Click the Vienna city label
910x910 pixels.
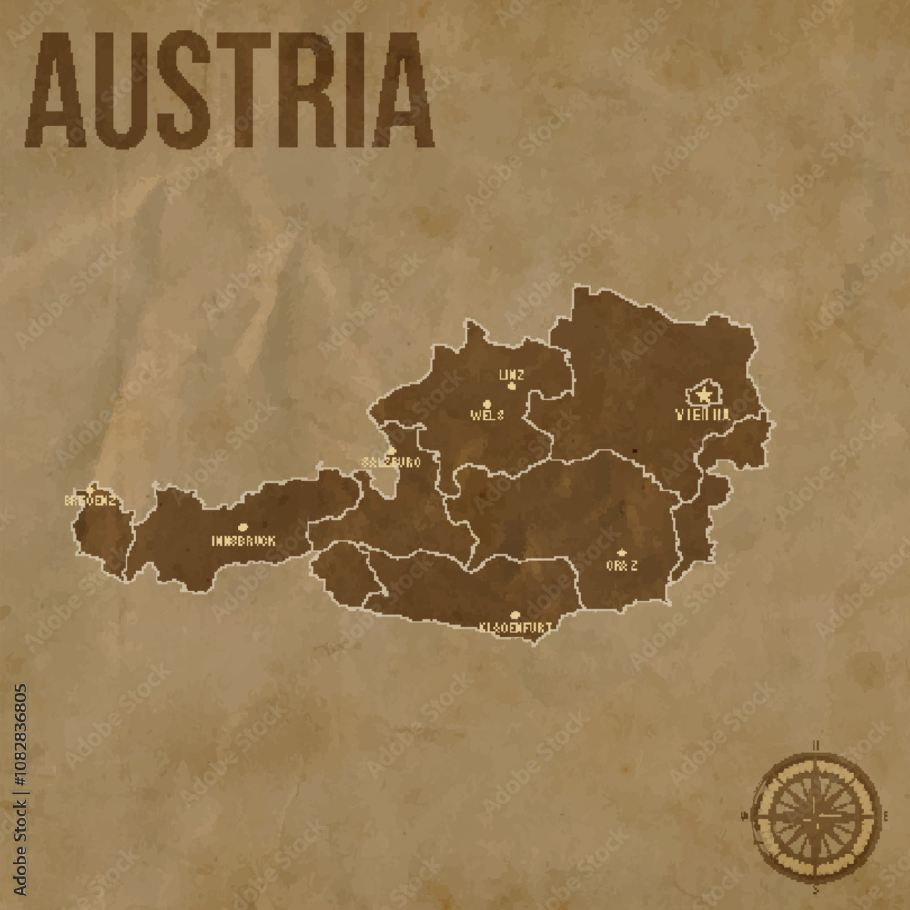point(703,414)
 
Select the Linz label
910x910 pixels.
point(511,374)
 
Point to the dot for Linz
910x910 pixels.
point(511,386)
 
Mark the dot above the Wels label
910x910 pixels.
point(487,403)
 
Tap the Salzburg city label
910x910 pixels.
point(390,462)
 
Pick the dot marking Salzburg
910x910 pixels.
point(391,450)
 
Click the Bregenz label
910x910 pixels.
point(89,500)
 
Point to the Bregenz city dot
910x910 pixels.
point(90,490)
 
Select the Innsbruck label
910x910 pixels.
point(243,541)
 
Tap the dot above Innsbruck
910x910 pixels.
point(243,528)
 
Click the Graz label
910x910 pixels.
point(622,565)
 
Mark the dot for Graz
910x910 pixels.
point(622,552)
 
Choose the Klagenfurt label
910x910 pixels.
point(515,627)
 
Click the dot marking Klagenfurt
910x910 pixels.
point(515,615)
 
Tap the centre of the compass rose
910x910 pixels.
point(818,813)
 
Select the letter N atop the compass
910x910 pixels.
point(816,746)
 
